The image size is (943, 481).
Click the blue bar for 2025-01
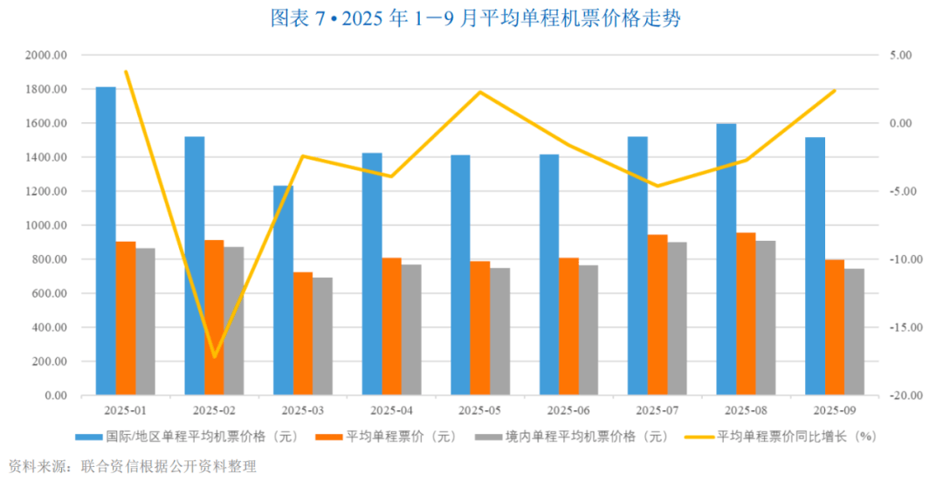click(106, 241)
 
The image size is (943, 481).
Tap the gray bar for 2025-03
click(322, 336)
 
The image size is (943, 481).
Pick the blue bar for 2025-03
click(283, 290)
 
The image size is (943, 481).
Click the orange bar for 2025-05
click(479, 328)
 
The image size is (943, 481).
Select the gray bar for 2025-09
click(854, 332)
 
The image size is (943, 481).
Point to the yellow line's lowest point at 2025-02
click(214, 357)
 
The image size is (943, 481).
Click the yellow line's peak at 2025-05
click(480, 92)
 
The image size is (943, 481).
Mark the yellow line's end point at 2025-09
click(835, 90)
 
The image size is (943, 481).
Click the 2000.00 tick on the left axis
click(48, 55)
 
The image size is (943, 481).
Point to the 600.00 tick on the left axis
click(51, 293)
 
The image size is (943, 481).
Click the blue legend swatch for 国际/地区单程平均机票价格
click(89, 436)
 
